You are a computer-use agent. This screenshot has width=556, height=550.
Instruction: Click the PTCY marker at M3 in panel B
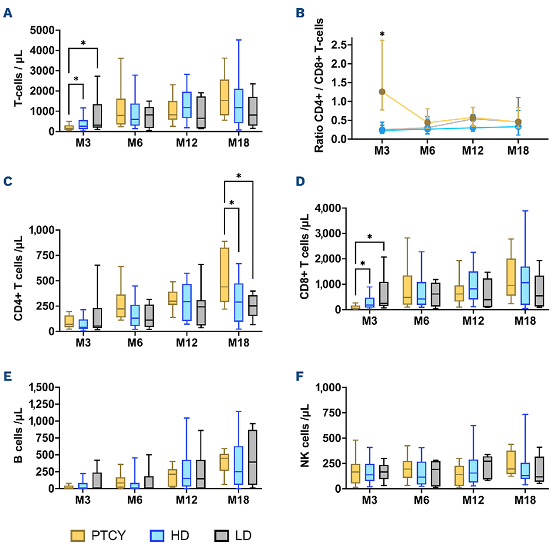point(366,92)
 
